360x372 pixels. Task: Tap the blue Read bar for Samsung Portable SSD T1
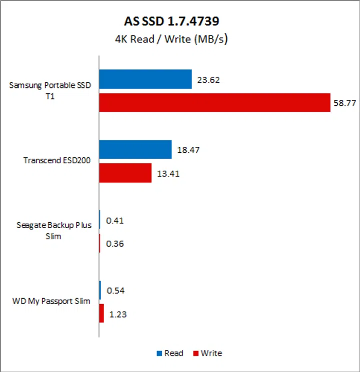coord(145,79)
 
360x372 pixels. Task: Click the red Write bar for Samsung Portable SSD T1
coord(214,102)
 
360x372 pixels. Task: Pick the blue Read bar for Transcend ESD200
coord(135,149)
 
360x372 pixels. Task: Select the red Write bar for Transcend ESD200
coord(125,173)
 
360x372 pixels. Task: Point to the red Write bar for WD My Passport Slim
coord(101,314)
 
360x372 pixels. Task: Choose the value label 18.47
coord(188,150)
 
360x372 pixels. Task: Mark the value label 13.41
coord(167,174)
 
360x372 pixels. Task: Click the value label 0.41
coord(115,220)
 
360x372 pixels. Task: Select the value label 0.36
coord(115,244)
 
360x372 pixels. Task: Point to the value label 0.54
coord(115,291)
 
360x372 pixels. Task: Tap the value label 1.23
coord(118,314)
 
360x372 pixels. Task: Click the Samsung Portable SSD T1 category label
coord(50,90)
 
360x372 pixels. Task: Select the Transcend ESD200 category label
coord(56,161)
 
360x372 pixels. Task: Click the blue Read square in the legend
coord(159,354)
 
